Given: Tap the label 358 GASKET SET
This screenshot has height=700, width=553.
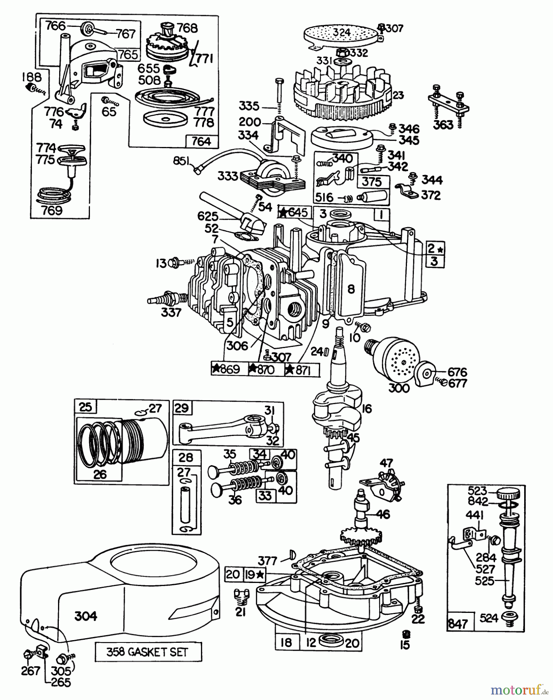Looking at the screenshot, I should point(148,652).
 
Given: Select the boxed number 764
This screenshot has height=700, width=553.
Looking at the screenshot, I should point(201,141).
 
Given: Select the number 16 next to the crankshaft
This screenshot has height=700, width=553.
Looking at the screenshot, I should point(366,408).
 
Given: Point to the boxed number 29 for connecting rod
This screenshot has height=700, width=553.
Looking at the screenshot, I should point(181,408).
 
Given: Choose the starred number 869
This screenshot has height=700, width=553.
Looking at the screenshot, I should point(225,369).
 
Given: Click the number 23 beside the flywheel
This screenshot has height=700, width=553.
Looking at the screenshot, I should point(398,95).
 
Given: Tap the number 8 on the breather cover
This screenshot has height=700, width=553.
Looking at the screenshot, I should point(351,289).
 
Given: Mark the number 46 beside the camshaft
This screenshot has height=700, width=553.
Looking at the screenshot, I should point(383,514).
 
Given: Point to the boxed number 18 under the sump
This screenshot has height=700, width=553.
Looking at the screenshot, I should point(286,642).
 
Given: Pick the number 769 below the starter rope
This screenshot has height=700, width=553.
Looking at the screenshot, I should point(52,210).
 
